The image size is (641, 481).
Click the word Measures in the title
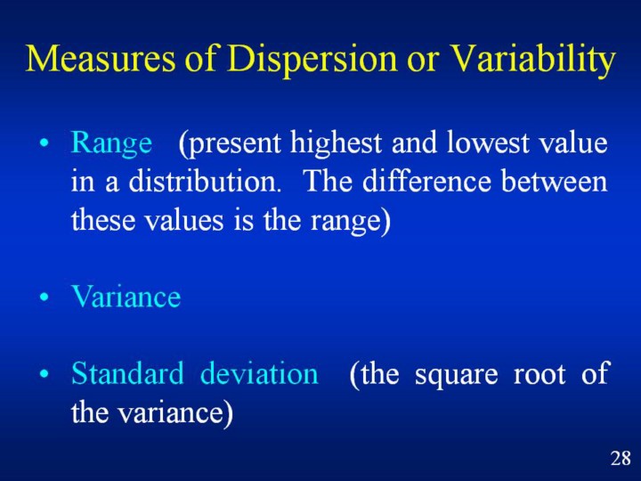[x=100, y=58]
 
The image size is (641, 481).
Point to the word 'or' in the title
[x=424, y=62]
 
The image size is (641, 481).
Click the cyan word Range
[x=111, y=144]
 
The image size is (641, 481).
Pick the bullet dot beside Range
[x=45, y=144]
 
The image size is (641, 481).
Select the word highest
[x=336, y=144]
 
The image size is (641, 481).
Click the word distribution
[x=206, y=180]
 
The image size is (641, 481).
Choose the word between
[x=555, y=180]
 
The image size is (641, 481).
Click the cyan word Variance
[x=126, y=296]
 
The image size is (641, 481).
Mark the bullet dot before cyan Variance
[x=45, y=297]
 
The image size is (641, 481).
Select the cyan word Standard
[x=127, y=373]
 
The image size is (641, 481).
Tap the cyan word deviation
[x=259, y=373]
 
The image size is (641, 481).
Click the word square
[x=456, y=376]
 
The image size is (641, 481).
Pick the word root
[x=540, y=375]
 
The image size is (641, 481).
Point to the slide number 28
[x=621, y=458]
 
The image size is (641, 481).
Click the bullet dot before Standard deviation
[x=45, y=374]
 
